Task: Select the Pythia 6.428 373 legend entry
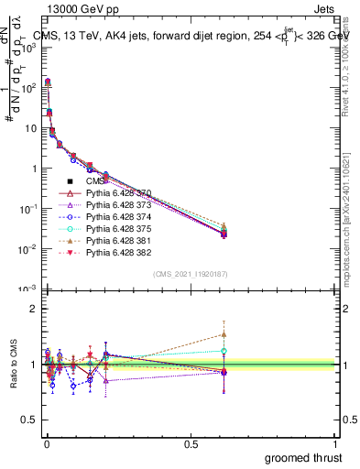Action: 108,206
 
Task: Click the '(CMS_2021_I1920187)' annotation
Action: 190,274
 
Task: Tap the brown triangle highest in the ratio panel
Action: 224,334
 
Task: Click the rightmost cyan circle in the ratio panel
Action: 224,351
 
